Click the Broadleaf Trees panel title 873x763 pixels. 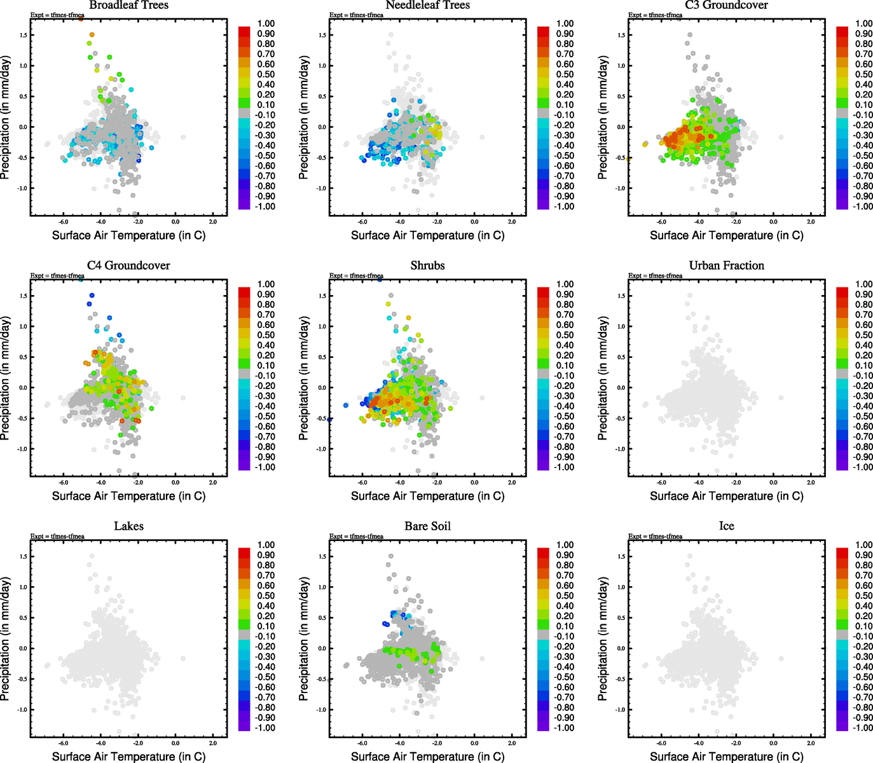[128, 5]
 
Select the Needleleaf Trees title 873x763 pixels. [427, 5]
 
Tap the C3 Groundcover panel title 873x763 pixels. [726, 5]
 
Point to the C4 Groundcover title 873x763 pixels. [128, 265]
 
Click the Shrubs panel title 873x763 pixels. [427, 265]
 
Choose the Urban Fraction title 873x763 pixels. [726, 265]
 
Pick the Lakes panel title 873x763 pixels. [128, 526]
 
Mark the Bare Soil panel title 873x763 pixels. [427, 526]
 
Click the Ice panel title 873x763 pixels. [726, 526]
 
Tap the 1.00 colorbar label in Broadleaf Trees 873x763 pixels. [266, 24]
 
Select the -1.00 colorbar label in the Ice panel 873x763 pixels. [862, 727]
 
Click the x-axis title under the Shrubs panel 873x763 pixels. [427, 496]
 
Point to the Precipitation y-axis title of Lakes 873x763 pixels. [6, 639]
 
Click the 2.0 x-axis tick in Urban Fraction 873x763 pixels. [811, 483]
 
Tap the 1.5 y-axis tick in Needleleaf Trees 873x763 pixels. [322, 35]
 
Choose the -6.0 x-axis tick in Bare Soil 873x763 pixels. [362, 743]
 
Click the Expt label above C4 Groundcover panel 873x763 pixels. [57, 276]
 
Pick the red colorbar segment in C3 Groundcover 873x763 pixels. [842, 31]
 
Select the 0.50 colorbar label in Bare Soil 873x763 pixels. [565, 596]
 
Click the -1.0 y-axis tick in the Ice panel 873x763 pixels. [621, 710]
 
